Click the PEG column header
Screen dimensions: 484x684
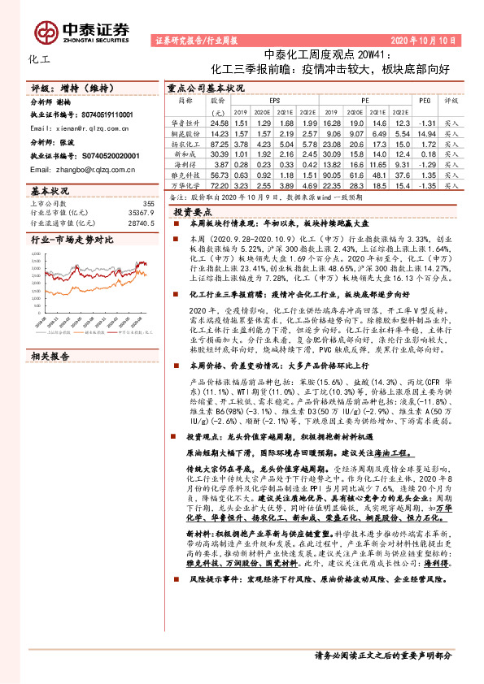click(x=424, y=102)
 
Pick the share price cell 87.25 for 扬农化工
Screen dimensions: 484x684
click(x=218, y=142)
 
